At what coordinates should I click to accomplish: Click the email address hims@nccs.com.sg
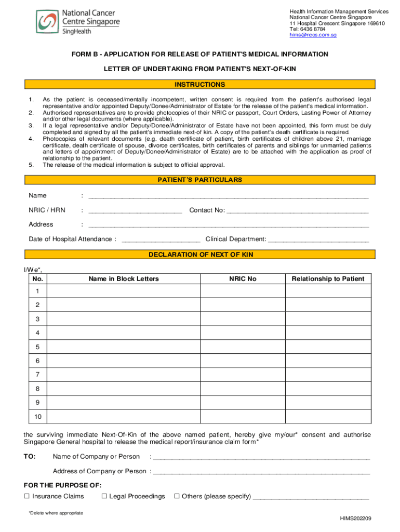point(313,35)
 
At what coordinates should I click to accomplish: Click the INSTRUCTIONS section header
point(200,85)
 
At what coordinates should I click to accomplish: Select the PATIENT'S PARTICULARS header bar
point(200,180)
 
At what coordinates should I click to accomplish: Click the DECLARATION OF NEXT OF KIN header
point(200,255)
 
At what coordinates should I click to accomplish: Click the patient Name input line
point(229,196)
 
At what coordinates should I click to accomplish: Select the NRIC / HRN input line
point(135,211)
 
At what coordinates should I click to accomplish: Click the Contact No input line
point(298,211)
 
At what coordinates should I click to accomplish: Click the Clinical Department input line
point(318,240)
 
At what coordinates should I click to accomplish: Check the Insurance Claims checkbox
point(27,497)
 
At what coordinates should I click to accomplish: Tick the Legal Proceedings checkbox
point(104,497)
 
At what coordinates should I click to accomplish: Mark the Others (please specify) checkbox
point(177,497)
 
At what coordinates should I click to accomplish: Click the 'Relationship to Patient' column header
point(328,279)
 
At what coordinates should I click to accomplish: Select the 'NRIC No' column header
point(243,279)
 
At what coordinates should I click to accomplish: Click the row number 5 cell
point(37,347)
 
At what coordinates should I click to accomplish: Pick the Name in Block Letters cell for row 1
point(124,292)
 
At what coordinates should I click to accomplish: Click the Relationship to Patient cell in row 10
point(328,417)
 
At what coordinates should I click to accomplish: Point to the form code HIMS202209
point(355,518)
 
